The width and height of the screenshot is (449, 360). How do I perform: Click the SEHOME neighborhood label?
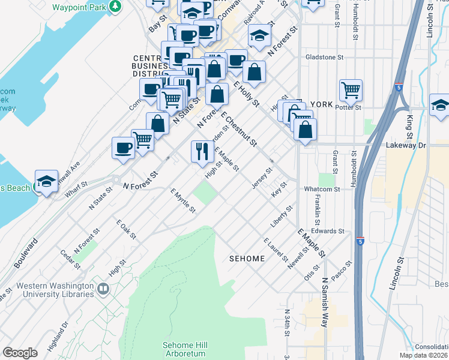[247, 259]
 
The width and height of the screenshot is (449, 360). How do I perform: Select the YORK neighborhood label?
[322, 104]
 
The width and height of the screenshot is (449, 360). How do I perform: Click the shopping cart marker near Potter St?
[351, 91]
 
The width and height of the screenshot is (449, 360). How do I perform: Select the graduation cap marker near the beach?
[46, 181]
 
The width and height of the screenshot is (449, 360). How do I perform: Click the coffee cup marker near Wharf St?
[124, 148]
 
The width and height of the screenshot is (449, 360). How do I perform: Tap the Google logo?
[20, 353]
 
